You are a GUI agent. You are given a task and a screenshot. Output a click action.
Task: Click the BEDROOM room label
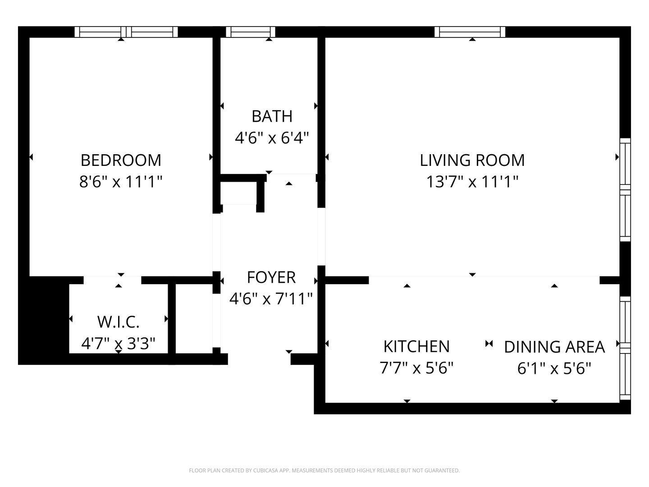tap(121, 160)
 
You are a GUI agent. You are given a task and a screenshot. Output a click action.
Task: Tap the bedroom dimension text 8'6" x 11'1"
tap(121, 182)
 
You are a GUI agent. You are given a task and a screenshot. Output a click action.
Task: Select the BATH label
tap(272, 116)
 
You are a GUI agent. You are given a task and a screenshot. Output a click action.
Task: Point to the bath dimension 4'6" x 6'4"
tap(272, 138)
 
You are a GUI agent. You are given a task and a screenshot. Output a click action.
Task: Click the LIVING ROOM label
tap(472, 160)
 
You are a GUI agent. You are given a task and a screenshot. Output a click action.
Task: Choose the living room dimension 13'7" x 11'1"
tap(472, 182)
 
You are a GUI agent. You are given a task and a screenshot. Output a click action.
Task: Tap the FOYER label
tap(271, 277)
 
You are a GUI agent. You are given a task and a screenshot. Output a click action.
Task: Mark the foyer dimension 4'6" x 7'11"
tap(271, 299)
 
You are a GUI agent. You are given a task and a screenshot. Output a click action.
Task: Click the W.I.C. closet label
tap(118, 322)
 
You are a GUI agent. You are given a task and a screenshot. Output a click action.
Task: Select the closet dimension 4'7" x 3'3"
tap(118, 344)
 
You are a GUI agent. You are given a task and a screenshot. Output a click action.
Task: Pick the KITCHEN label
tap(416, 347)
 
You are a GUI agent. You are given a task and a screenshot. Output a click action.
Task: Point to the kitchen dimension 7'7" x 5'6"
tap(416, 368)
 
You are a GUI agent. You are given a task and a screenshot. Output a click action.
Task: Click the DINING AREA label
tap(554, 347)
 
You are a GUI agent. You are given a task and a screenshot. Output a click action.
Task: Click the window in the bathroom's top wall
tap(251, 32)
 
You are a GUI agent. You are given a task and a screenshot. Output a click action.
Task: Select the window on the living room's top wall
tap(470, 32)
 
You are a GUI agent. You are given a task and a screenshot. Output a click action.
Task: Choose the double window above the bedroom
tap(126, 32)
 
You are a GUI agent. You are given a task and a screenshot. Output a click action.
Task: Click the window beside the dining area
tap(625, 348)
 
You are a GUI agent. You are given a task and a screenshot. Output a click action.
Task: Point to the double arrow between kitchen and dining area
tap(489, 344)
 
